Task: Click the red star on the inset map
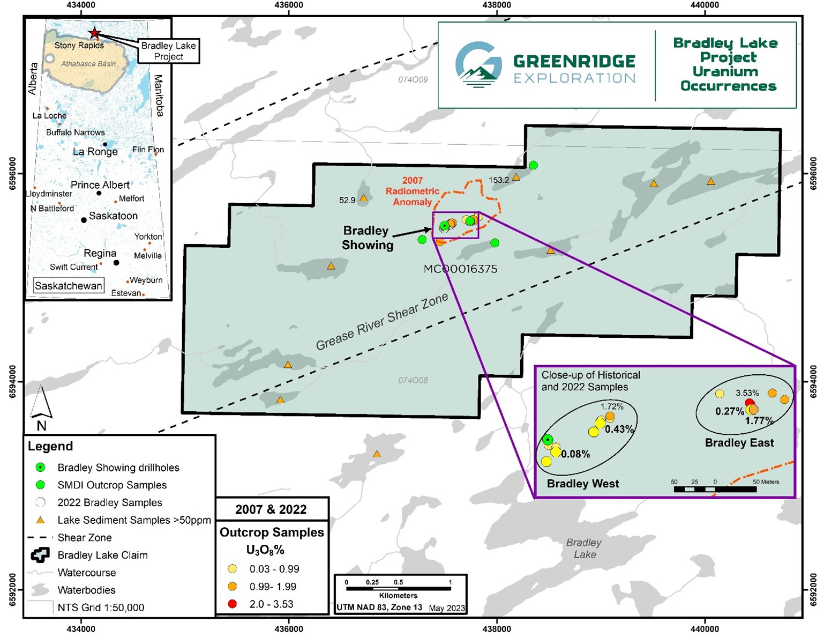(x=94, y=33)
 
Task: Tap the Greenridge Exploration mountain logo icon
(x=478, y=64)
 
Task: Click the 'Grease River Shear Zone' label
(x=381, y=322)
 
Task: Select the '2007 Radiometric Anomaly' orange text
(x=412, y=191)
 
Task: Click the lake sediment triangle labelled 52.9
(x=364, y=198)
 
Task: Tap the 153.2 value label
(x=498, y=180)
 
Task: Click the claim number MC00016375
(x=460, y=269)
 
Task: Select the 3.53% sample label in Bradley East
(x=747, y=393)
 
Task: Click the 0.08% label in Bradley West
(x=576, y=454)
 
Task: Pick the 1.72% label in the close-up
(x=612, y=407)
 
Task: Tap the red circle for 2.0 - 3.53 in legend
(x=232, y=604)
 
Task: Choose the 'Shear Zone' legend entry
(x=85, y=538)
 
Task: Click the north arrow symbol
(x=41, y=403)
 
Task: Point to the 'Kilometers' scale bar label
(x=398, y=596)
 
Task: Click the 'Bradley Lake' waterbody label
(x=584, y=549)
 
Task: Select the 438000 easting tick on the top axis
(x=497, y=5)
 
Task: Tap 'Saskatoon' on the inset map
(x=113, y=216)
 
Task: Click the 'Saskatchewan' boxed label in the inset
(x=69, y=286)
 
